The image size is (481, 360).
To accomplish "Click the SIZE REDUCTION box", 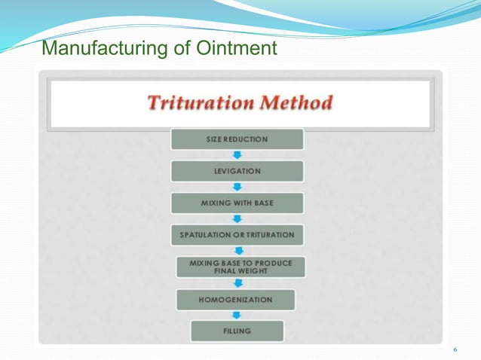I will (x=237, y=139).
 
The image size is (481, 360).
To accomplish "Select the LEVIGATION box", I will (x=237, y=171).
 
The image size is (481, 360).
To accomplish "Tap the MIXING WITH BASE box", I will (x=237, y=203).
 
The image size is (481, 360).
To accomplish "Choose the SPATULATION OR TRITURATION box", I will (x=237, y=235).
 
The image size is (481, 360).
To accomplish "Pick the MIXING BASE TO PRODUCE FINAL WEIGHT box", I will (x=241, y=267).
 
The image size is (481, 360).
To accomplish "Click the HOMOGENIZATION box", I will (x=236, y=299).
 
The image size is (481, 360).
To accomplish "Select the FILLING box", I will (x=237, y=331).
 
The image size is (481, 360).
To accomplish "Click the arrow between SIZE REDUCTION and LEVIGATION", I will (x=237, y=154).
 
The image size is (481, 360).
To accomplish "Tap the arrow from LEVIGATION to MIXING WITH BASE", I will (x=237, y=187).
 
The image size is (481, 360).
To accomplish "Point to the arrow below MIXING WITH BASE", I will (x=237, y=219).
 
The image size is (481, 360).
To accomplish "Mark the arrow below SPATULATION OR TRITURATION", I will (x=237, y=251).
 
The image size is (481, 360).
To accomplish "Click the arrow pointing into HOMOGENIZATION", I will (x=237, y=283).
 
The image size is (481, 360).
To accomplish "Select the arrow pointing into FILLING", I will (x=237, y=315).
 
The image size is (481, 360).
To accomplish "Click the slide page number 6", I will (x=455, y=350).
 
